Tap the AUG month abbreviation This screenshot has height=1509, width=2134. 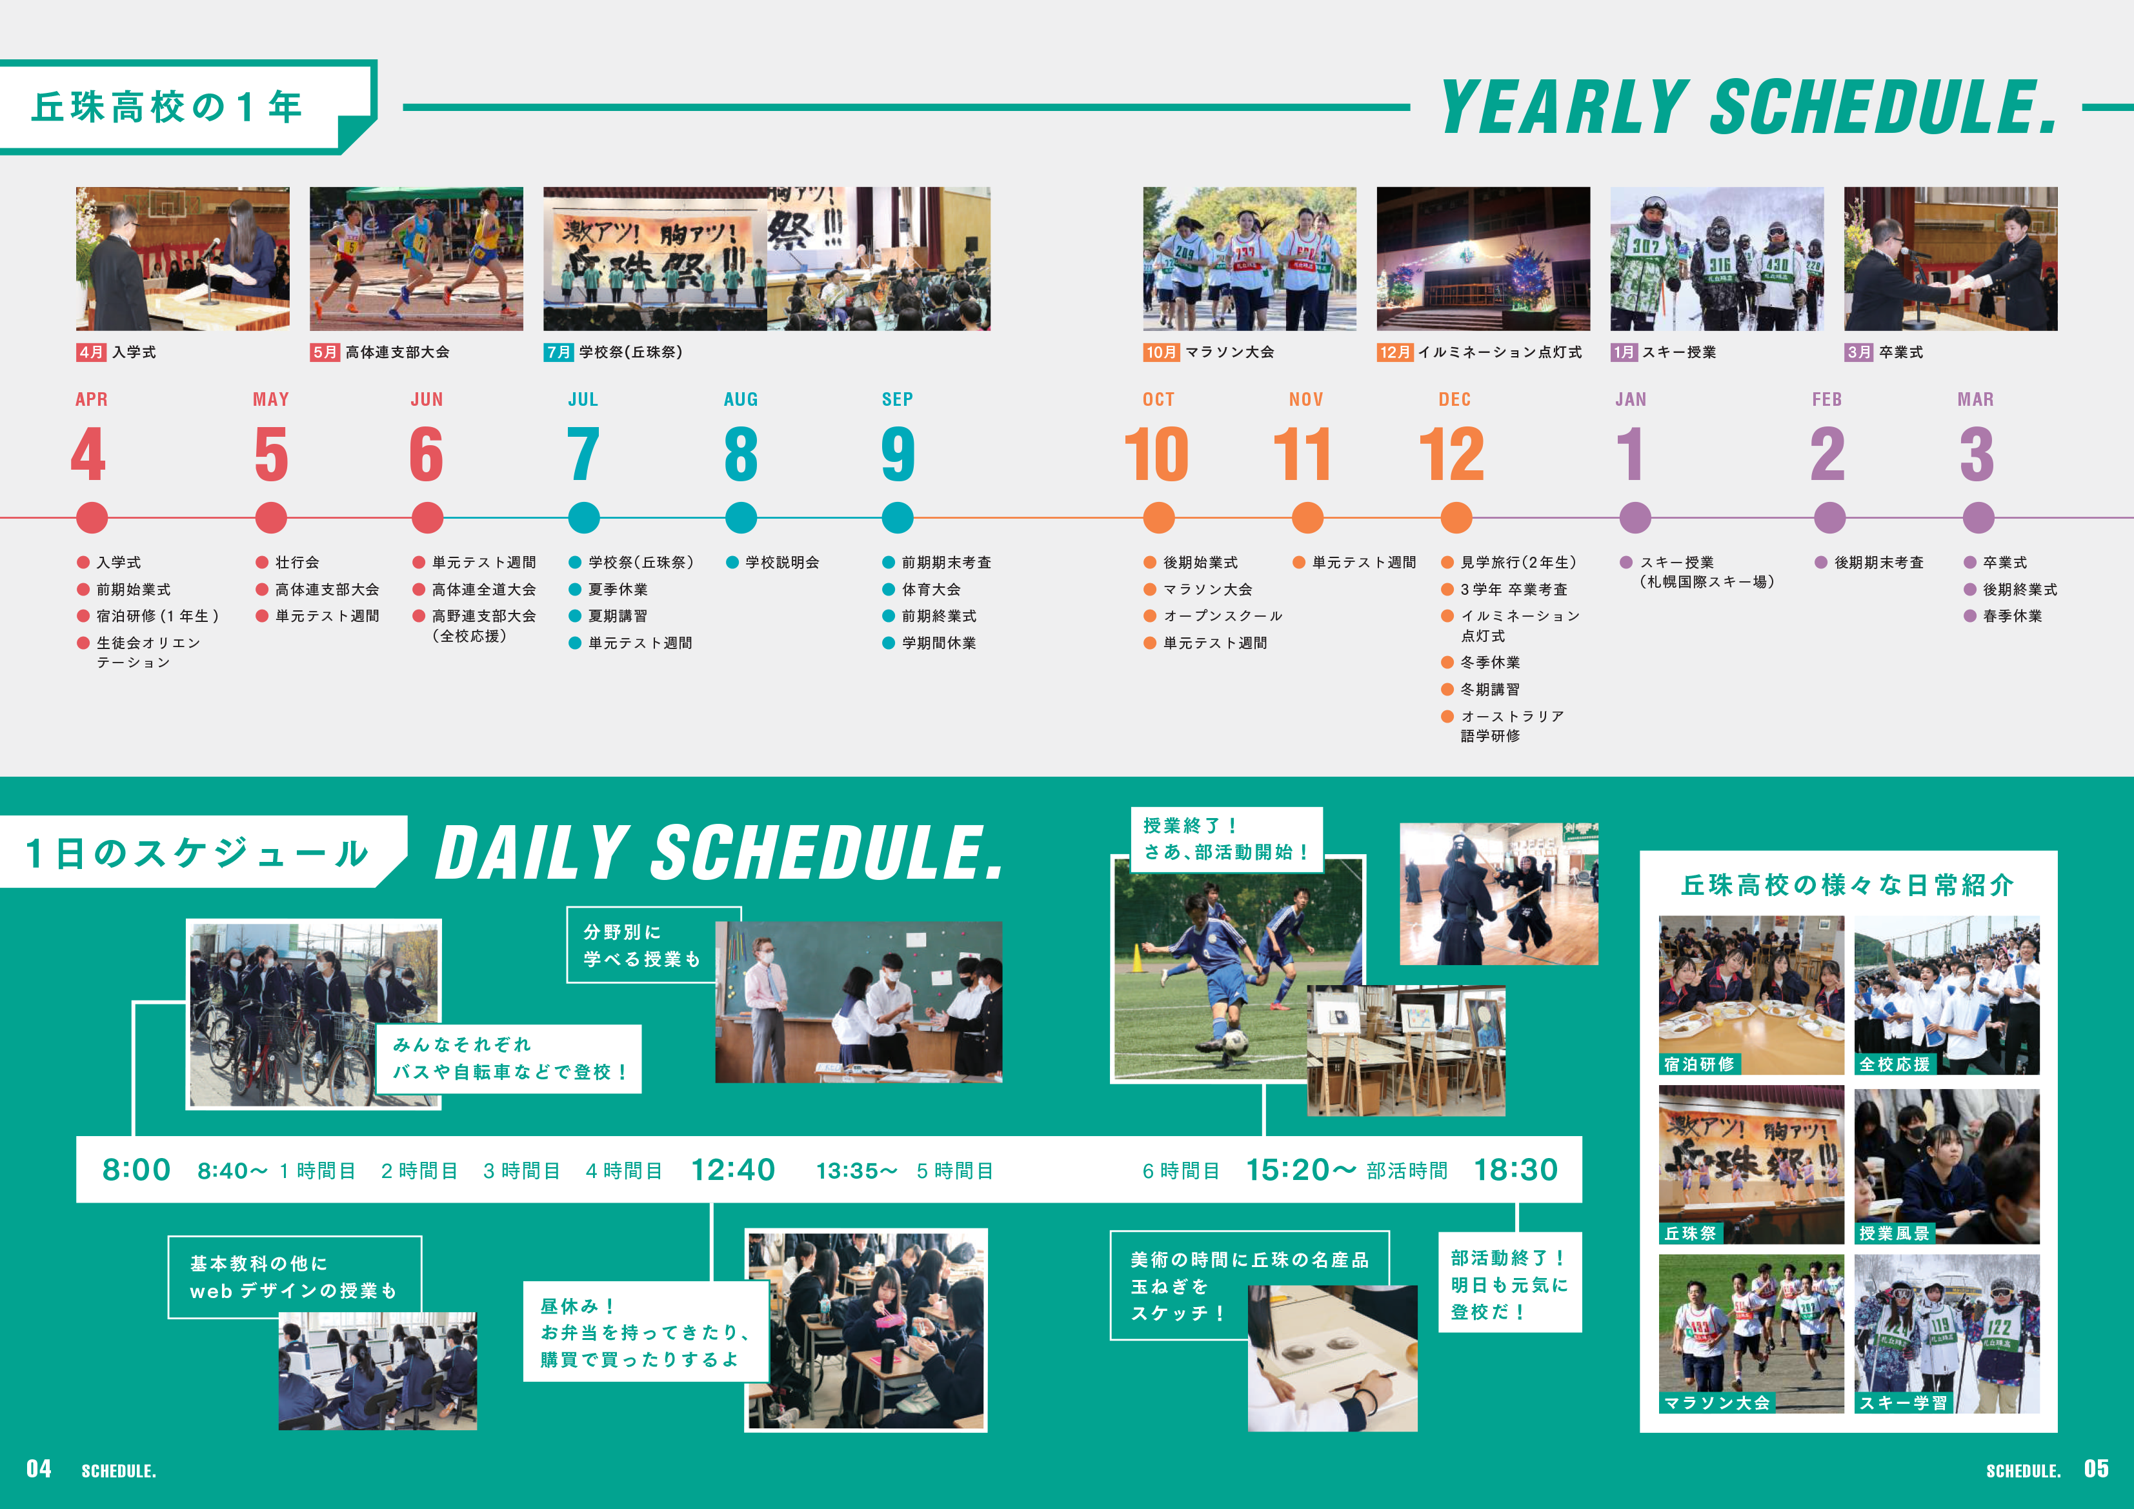[x=741, y=399]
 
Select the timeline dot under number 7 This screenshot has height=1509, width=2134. [x=584, y=517]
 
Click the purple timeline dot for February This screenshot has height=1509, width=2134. [x=1829, y=517]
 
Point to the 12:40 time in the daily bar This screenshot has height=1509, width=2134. [x=733, y=1170]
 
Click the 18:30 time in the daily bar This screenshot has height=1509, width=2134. [x=1516, y=1170]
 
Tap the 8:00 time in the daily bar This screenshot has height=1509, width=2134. [x=137, y=1170]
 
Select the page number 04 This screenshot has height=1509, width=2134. [x=39, y=1469]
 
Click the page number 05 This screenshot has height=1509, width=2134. [x=2096, y=1469]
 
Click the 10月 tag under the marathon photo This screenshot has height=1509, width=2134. [x=1161, y=352]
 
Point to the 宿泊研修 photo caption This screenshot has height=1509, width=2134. [x=1699, y=1064]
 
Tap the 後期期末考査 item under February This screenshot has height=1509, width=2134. [x=1878, y=562]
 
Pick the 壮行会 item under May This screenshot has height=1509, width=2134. [x=297, y=562]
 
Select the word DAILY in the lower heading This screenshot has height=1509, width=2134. [x=532, y=852]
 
